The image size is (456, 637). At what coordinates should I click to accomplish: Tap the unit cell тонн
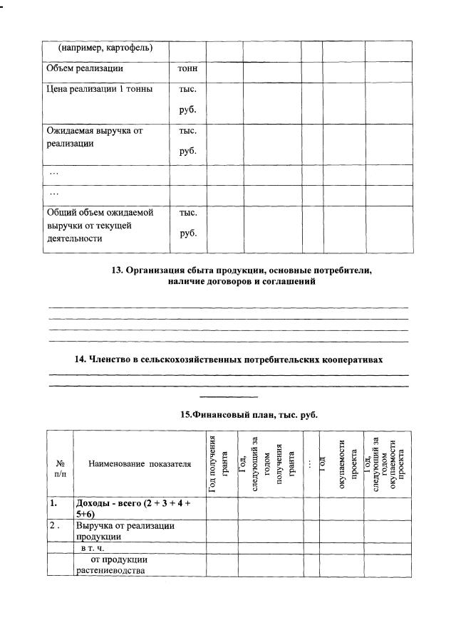click(187, 69)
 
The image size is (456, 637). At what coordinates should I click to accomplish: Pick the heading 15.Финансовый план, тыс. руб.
click(249, 414)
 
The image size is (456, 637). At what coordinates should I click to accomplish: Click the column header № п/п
click(60, 464)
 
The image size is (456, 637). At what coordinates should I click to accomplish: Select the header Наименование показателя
click(140, 464)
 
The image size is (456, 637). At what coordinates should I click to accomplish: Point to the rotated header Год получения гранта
click(222, 463)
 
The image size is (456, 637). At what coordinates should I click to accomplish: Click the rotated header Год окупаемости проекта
click(341, 463)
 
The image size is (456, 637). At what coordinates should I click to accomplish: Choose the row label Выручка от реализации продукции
click(125, 532)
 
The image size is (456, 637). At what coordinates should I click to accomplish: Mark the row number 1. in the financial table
click(53, 503)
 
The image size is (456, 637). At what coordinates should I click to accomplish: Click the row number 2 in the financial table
click(53, 526)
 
